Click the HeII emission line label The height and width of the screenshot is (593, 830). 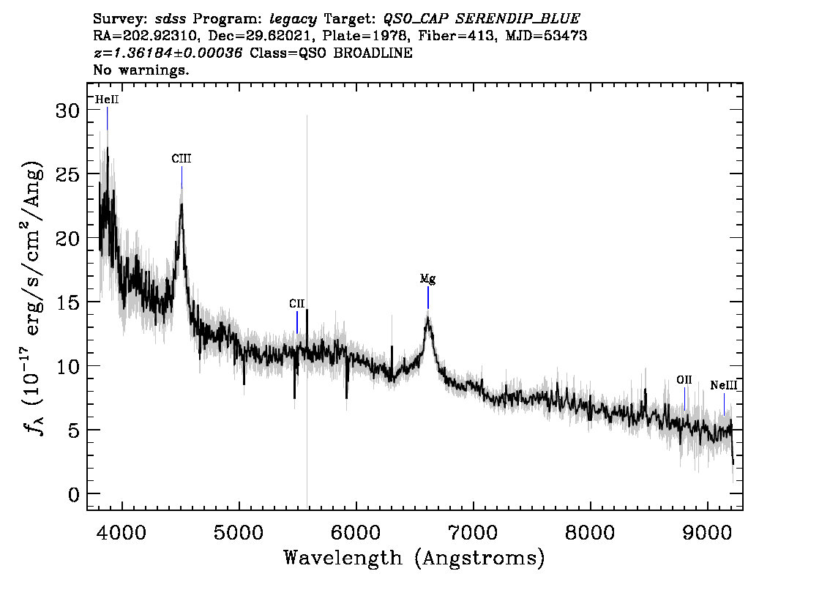(x=107, y=100)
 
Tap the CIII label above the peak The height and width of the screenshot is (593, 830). (x=182, y=158)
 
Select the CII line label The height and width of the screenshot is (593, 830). (x=297, y=303)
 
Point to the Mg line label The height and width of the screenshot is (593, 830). (x=427, y=278)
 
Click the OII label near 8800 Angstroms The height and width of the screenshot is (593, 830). (x=684, y=380)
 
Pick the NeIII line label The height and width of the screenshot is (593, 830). (x=724, y=385)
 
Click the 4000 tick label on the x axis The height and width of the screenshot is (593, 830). (x=122, y=532)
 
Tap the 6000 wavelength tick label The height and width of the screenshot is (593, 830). (x=356, y=532)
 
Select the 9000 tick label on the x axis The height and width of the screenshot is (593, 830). (x=708, y=532)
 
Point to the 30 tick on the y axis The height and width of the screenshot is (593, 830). (x=67, y=111)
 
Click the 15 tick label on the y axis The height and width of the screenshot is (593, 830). (x=67, y=303)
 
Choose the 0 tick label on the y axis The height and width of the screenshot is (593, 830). (x=74, y=495)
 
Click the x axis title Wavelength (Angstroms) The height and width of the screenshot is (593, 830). (x=414, y=559)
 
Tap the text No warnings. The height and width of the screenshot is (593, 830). (x=141, y=70)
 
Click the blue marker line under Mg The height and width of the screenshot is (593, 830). (x=427, y=297)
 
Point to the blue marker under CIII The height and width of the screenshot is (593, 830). (x=182, y=177)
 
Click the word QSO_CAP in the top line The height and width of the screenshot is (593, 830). (x=416, y=19)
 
